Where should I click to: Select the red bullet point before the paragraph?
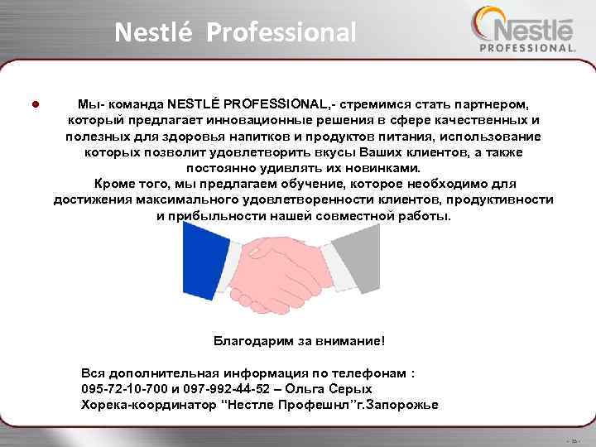[34, 105]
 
